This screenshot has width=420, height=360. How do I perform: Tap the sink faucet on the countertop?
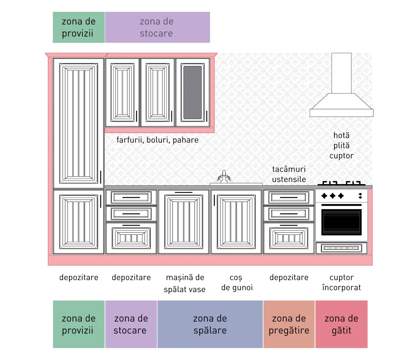click(x=224, y=177)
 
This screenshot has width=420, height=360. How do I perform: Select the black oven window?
click(x=341, y=222)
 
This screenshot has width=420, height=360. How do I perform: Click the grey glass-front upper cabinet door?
click(x=192, y=93)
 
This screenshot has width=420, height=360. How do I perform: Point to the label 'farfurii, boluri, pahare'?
click(x=157, y=140)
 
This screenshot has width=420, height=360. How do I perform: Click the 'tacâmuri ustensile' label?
click(x=289, y=174)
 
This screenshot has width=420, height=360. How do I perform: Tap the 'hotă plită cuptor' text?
click(x=341, y=146)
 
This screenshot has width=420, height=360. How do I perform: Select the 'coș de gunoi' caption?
click(x=237, y=283)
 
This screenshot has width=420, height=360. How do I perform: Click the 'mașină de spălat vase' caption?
click(x=185, y=283)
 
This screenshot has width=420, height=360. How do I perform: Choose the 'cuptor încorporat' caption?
click(x=341, y=283)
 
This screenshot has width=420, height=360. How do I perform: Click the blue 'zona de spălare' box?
click(x=210, y=324)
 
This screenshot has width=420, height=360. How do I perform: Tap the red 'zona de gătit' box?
click(x=341, y=324)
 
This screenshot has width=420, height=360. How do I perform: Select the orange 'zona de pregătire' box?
click(x=289, y=324)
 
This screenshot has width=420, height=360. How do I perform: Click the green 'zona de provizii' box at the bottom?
click(x=79, y=324)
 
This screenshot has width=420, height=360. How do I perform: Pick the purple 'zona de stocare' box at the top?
click(x=157, y=27)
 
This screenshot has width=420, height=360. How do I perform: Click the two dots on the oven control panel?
click(x=360, y=196)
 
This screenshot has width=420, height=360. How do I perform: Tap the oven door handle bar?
click(x=341, y=205)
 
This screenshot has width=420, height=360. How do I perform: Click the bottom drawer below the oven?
click(x=341, y=248)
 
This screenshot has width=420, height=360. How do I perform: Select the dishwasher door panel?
click(x=184, y=222)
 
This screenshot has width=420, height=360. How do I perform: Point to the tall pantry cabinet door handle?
click(x=101, y=177)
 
